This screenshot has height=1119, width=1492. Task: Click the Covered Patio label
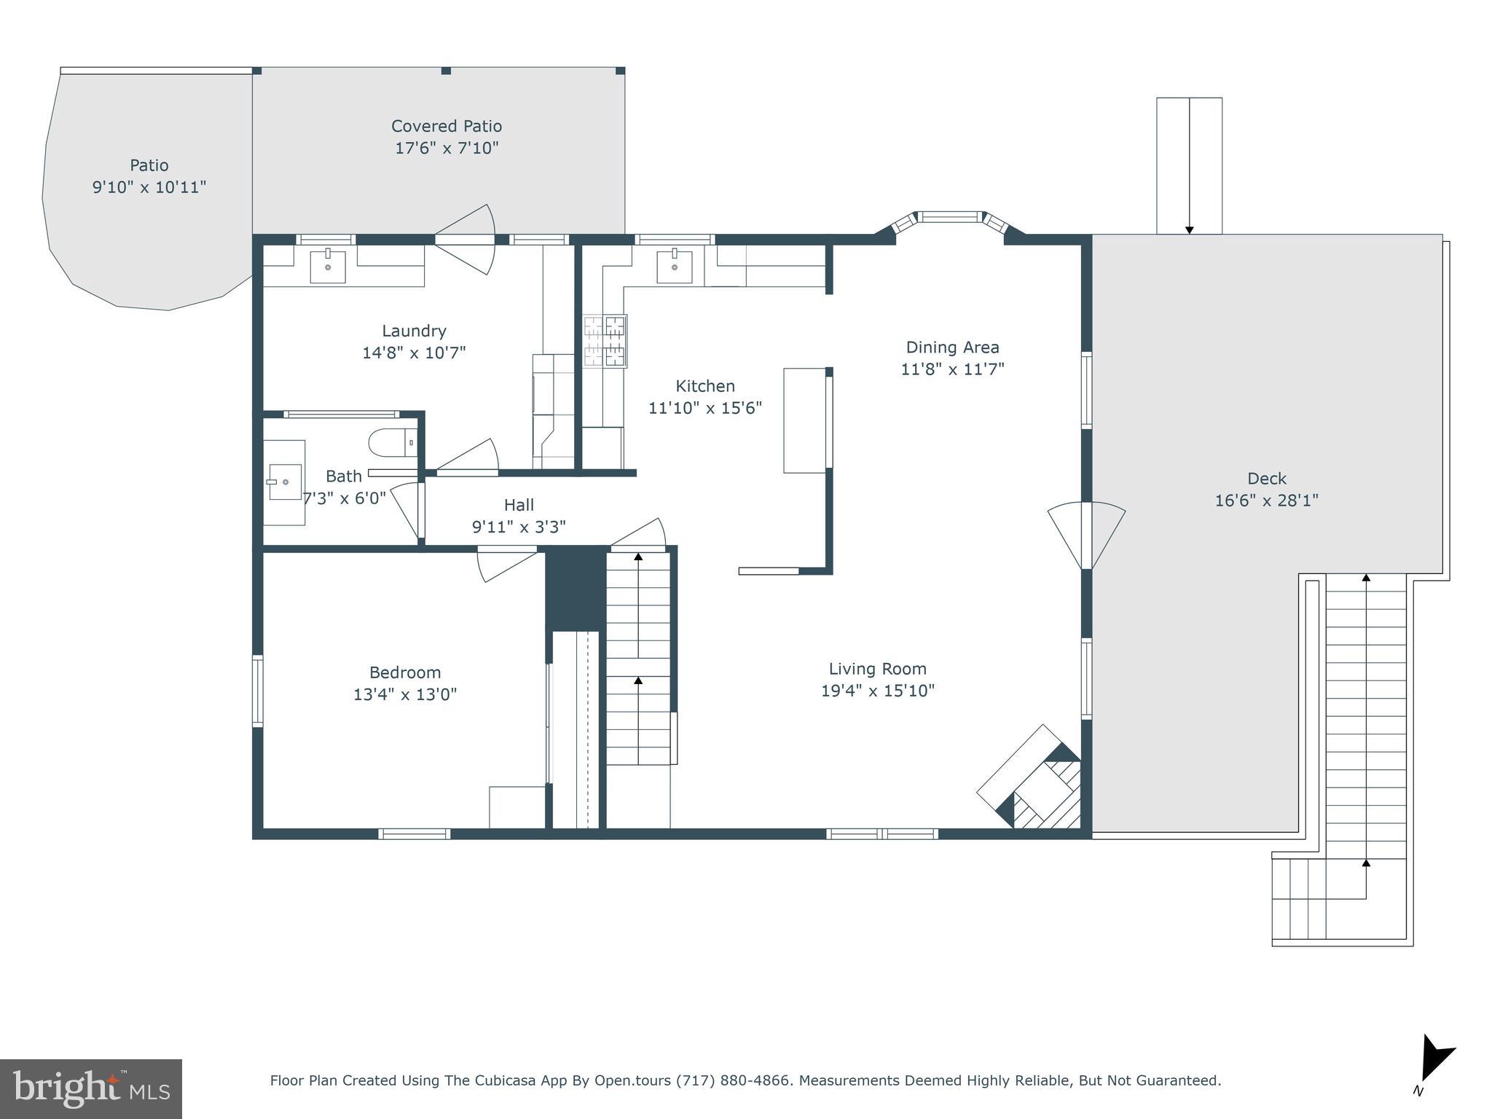click(x=446, y=126)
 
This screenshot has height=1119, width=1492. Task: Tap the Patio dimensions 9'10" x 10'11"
click(x=149, y=187)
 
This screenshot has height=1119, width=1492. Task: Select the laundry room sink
click(x=328, y=267)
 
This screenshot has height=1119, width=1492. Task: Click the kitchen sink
click(x=675, y=267)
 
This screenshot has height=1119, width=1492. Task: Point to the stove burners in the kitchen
click(x=605, y=341)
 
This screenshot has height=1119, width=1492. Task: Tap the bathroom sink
click(x=284, y=482)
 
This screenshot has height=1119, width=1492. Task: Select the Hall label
click(x=519, y=505)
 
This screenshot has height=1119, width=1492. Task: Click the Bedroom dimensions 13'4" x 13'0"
click(x=404, y=694)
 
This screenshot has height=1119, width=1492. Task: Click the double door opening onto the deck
click(x=1086, y=535)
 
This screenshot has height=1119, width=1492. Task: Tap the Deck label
click(x=1266, y=479)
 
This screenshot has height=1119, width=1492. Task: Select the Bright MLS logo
click(x=90, y=1088)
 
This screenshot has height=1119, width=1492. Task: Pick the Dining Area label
click(x=951, y=348)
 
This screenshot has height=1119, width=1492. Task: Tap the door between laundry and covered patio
click(x=465, y=239)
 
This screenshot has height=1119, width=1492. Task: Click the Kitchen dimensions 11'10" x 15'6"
click(x=704, y=408)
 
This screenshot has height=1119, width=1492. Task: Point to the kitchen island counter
click(x=804, y=420)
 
